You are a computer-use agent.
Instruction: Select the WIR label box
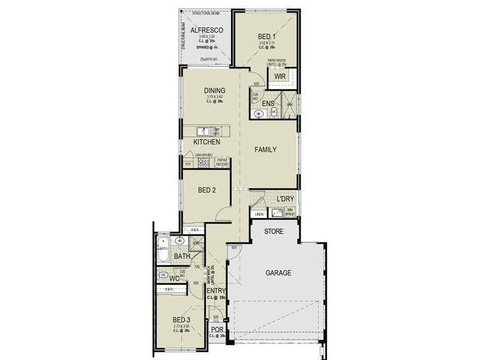click(x=280, y=77)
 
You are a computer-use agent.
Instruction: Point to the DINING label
click(x=214, y=91)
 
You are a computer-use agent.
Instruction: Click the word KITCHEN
click(x=206, y=142)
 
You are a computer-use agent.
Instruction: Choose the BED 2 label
click(x=206, y=190)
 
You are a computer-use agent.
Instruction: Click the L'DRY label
click(x=284, y=199)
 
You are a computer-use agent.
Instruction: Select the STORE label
click(x=273, y=230)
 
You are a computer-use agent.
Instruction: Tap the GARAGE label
click(x=278, y=273)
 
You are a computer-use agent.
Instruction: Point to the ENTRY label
click(x=216, y=291)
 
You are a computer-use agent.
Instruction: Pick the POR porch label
click(x=217, y=329)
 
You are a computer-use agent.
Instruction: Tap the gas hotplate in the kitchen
click(x=203, y=162)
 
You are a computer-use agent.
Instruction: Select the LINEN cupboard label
click(x=259, y=214)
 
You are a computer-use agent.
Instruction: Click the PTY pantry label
click(x=188, y=163)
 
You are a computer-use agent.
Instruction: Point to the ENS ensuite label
click(x=268, y=103)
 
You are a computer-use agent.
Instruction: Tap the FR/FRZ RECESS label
click(x=222, y=162)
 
